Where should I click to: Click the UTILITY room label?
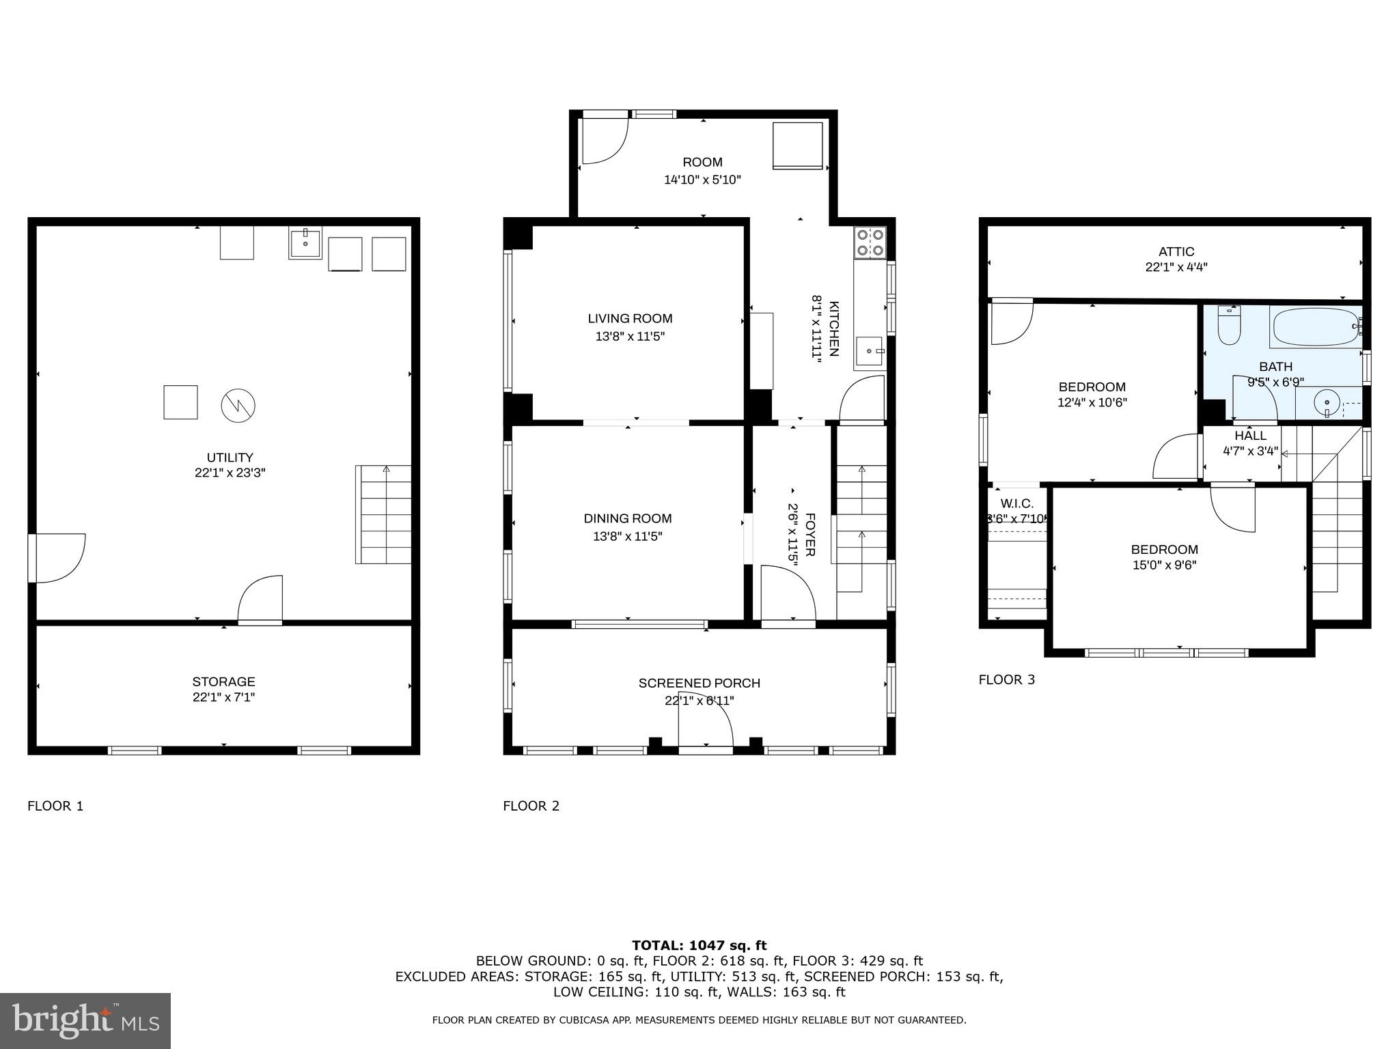point(230,458)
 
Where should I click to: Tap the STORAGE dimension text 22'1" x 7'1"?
point(223,697)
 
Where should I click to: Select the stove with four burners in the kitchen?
point(870,242)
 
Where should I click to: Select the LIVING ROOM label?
point(630,318)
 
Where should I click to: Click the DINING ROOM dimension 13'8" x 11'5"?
point(627,537)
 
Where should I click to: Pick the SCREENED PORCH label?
point(699,683)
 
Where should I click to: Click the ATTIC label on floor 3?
point(1176,251)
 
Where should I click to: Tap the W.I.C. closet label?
point(1016,503)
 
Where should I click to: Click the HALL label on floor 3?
point(1250,436)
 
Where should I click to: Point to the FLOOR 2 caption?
point(531,806)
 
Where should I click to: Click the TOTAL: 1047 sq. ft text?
point(699,945)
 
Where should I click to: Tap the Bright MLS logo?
point(85,1020)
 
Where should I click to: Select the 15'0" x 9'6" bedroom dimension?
point(1164,565)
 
